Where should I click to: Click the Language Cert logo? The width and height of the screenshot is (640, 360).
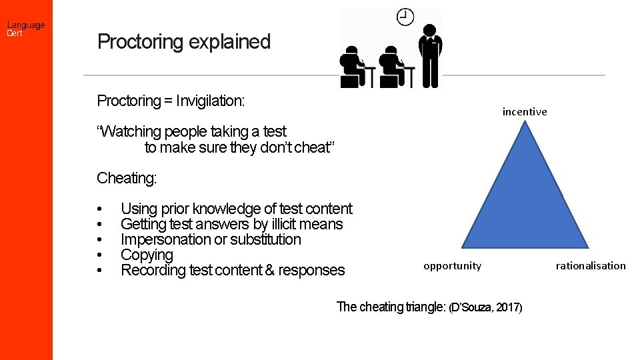tap(26, 29)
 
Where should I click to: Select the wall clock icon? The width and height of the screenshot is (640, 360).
tap(405, 16)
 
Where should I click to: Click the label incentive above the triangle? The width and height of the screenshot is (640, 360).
tap(525, 111)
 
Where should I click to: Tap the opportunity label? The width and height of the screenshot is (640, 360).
tap(452, 265)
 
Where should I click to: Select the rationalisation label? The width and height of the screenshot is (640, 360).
tap(591, 265)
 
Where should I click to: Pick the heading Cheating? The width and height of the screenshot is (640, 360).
tap(127, 178)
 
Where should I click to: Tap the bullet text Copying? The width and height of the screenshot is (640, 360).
tap(147, 255)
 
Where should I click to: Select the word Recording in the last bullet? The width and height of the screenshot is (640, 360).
tap(151, 270)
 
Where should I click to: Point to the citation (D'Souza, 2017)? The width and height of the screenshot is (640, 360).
tap(486, 307)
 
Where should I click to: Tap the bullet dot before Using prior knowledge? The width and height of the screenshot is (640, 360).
tap(99, 209)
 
